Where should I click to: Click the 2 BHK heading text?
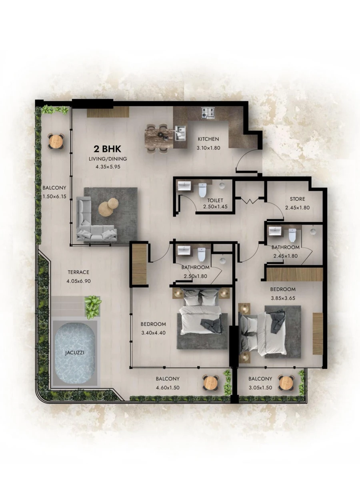(107, 149)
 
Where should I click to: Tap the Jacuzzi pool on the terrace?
(75, 353)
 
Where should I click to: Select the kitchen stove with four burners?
(208, 113)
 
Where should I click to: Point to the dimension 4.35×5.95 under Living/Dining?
(108, 167)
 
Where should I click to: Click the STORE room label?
(297, 199)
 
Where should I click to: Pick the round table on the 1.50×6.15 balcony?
(56, 141)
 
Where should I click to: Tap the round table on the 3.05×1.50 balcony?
(286, 383)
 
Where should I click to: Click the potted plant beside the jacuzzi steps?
(93, 306)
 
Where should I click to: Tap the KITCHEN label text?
(208, 139)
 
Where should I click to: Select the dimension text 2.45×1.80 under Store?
(297, 208)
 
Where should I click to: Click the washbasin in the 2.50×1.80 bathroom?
(185, 251)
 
